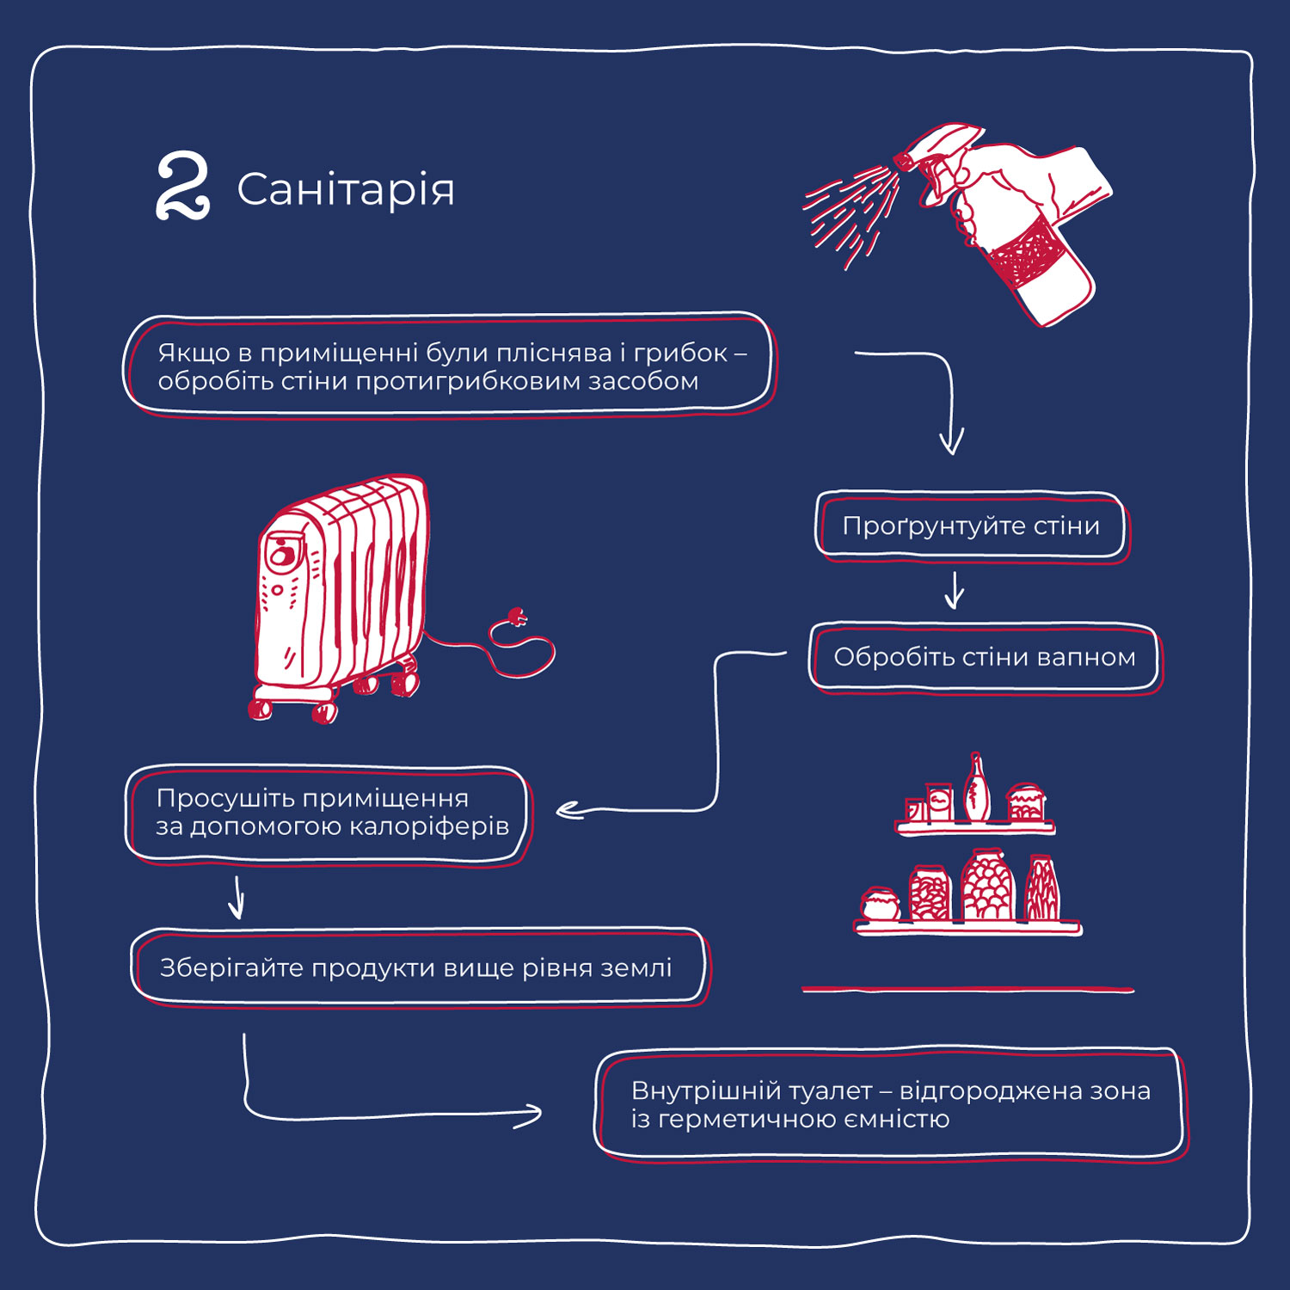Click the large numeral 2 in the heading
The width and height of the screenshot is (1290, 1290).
182,186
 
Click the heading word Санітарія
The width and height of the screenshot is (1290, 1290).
345,189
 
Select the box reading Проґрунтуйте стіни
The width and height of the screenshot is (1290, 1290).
971,525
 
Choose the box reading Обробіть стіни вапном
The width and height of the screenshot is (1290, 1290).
984,657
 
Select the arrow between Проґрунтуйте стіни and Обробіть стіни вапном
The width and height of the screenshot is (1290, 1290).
954,591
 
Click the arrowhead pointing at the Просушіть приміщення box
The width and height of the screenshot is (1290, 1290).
568,810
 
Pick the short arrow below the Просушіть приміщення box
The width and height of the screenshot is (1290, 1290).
237,898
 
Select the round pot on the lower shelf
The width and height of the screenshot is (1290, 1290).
880,904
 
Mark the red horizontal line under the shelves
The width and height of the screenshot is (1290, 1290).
967,990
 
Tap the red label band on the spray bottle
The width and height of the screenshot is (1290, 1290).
1023,254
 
